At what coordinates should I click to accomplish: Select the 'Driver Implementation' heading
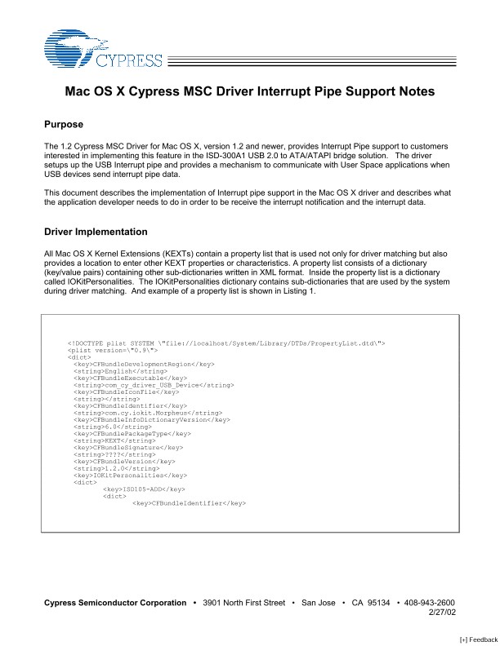[96, 232]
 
